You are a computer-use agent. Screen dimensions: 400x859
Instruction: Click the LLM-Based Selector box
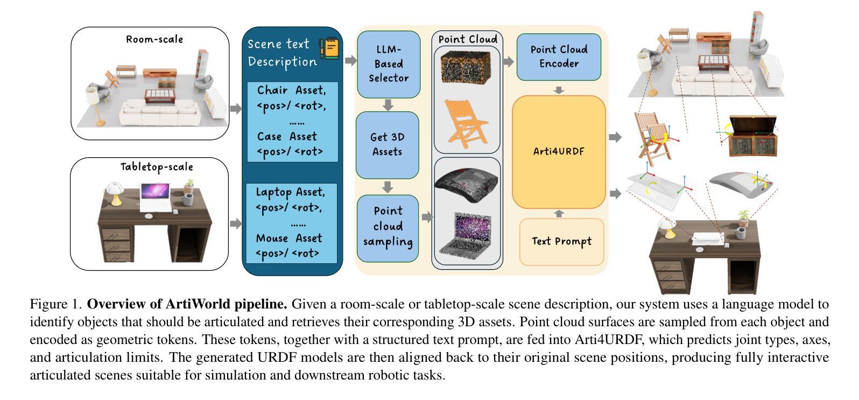point(388,64)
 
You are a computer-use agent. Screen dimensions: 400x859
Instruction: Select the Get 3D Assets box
point(387,144)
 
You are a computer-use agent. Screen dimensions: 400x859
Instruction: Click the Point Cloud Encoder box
point(559,57)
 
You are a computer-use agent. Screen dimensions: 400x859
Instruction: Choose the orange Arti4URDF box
point(559,151)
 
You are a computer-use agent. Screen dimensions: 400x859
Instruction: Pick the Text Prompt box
point(561,241)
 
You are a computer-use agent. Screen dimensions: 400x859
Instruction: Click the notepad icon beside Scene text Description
point(329,49)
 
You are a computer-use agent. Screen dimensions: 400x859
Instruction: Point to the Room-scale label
point(154,39)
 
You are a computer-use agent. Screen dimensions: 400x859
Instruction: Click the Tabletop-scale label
point(157,167)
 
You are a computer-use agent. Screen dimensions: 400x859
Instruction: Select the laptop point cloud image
point(466,233)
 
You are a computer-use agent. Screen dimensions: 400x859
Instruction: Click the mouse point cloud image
point(466,184)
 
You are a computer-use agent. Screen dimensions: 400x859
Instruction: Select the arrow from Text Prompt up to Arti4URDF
point(559,213)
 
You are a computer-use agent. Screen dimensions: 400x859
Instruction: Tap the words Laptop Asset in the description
point(290,192)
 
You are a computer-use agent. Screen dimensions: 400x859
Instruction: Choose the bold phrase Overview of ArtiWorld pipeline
point(187,304)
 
